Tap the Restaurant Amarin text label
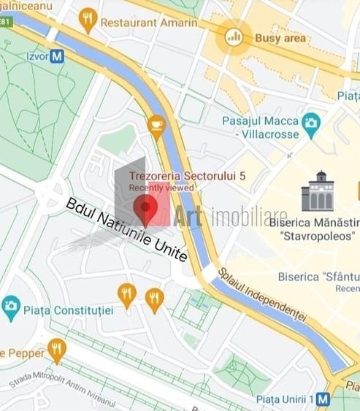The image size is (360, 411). pos(149,23)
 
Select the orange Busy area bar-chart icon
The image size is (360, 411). pos(234,36)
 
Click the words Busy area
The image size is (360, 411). pos(280,37)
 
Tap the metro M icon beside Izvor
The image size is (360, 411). pos(57,55)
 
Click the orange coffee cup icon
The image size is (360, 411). pos(156,125)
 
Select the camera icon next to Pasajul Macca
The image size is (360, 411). pos(312,122)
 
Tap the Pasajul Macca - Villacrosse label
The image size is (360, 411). pos(261,128)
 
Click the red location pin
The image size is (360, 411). pos(146,210)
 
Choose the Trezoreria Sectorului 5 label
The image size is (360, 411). pos(187,176)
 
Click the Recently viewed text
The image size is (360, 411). pos(161,188)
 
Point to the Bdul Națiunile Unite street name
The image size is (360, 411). pos(126,229)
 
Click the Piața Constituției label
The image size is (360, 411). pos(69,310)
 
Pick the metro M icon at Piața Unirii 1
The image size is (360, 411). pos(323,399)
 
